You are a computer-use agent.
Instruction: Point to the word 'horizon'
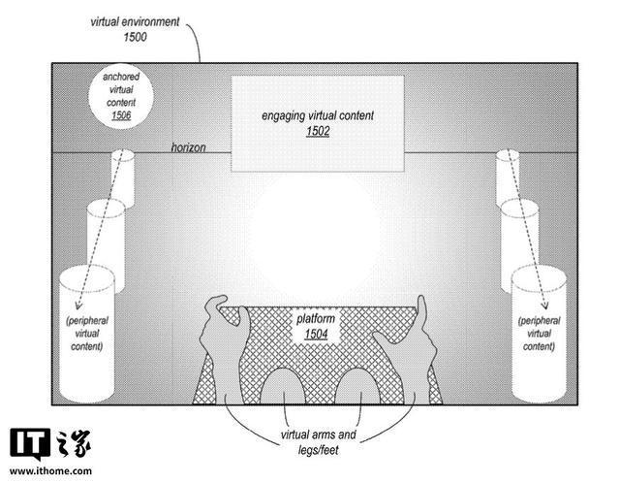click(188, 146)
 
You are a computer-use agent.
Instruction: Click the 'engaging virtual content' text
click(318, 115)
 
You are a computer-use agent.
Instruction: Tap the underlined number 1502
click(317, 130)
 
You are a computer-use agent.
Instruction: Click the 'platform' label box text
click(319, 318)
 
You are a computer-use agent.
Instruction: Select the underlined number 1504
click(319, 334)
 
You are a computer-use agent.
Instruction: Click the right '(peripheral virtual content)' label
click(538, 333)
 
